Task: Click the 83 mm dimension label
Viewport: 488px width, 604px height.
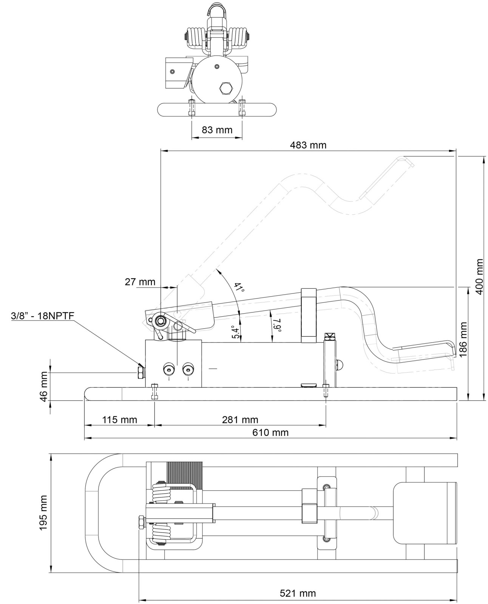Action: click(x=217, y=130)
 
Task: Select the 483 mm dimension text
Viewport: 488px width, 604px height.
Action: click(x=308, y=145)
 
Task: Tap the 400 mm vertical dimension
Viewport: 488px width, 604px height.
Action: click(x=479, y=276)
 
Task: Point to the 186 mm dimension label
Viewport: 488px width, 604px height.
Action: click(x=463, y=339)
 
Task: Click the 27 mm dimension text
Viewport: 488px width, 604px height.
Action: click(x=140, y=282)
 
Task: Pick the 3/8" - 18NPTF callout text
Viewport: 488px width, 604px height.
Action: click(x=43, y=316)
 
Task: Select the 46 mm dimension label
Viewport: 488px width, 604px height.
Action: click(x=44, y=387)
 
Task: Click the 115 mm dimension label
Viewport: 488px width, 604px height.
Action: click(x=119, y=420)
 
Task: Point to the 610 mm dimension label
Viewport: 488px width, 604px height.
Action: click(x=270, y=433)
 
